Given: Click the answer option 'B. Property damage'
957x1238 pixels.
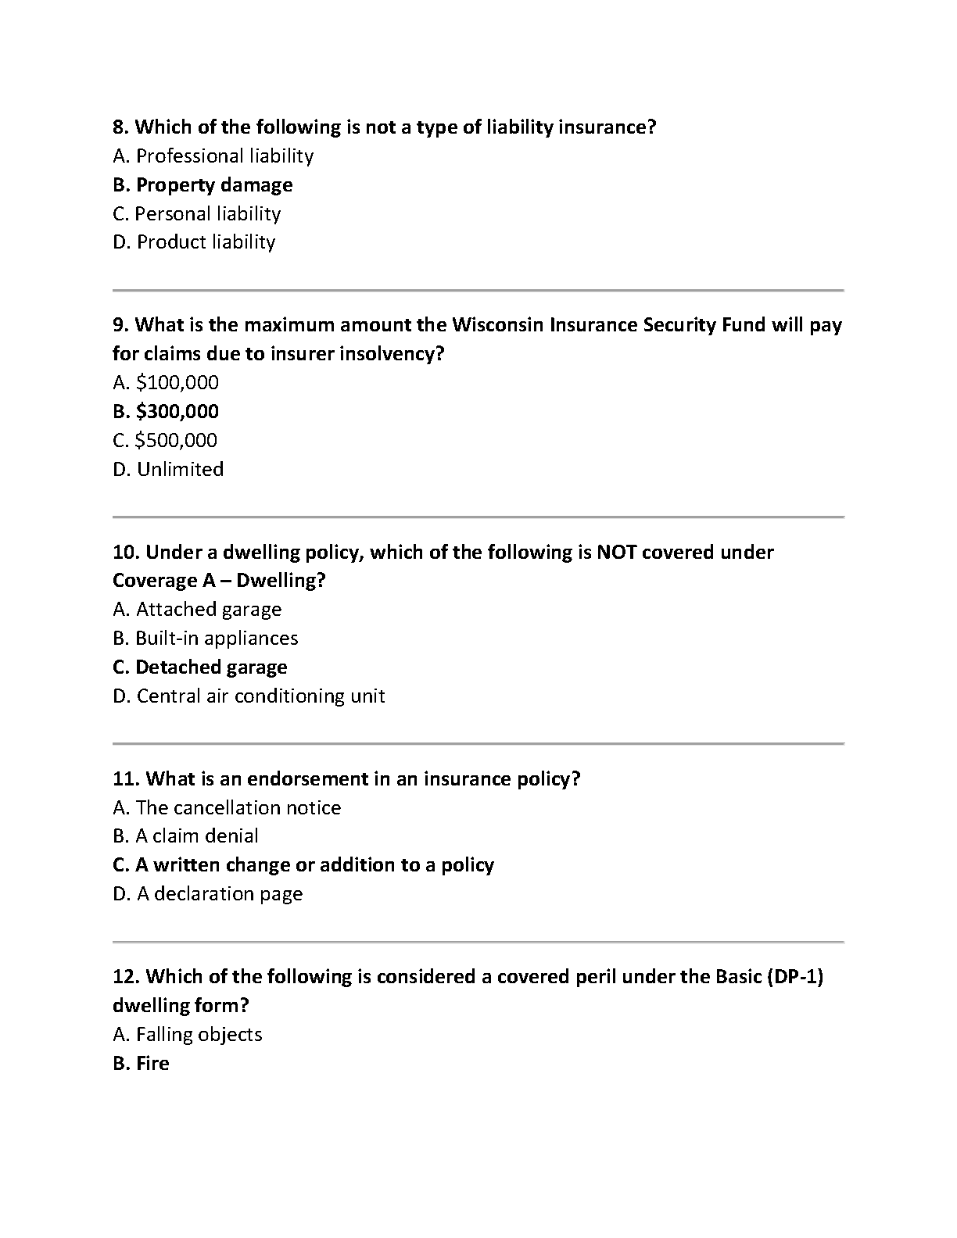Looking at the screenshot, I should tap(203, 185).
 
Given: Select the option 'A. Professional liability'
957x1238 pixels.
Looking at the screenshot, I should tap(213, 156).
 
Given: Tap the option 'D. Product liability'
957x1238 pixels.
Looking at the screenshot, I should tap(194, 242).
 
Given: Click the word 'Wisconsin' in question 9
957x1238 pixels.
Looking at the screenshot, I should tap(497, 325).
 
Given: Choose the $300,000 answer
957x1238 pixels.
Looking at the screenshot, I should tap(166, 412).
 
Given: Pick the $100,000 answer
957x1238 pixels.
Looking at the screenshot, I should tap(166, 383).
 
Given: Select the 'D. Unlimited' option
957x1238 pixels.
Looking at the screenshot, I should tap(168, 470).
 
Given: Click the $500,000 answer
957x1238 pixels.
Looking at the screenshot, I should tap(165, 441).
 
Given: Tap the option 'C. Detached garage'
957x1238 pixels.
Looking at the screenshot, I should tap(200, 667).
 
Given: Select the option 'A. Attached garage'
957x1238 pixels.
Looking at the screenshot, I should tap(197, 610).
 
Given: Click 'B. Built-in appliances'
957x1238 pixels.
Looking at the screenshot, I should tap(206, 639).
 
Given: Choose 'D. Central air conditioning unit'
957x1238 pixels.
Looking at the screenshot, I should tap(249, 696).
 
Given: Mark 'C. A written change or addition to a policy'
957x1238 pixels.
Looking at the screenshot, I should tap(303, 865).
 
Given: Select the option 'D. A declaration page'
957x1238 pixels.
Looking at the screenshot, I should tap(207, 894).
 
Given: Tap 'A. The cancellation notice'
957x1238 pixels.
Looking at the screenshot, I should tap(227, 808).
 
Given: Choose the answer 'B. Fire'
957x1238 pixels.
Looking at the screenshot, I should tap(142, 1064).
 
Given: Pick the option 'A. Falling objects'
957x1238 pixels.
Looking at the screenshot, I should tap(188, 1035).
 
